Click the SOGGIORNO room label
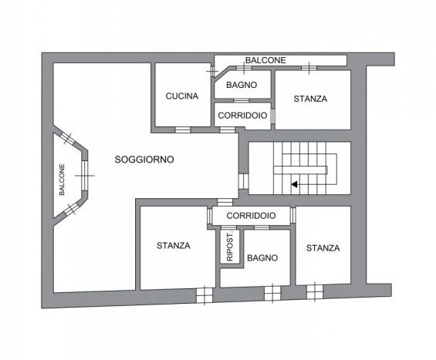click(x=144, y=160)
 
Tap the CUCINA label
click(x=182, y=96)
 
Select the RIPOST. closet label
click(x=230, y=246)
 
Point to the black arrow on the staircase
click(x=295, y=184)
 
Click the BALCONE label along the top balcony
click(x=265, y=60)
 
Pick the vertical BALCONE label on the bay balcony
click(x=62, y=180)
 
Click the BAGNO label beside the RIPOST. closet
click(x=262, y=258)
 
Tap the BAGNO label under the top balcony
click(x=242, y=85)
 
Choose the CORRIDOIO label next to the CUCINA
click(x=242, y=116)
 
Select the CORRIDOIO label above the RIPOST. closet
click(x=251, y=216)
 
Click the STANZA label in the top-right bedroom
click(x=310, y=99)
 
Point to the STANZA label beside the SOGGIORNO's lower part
click(x=174, y=246)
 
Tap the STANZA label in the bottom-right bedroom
click(x=323, y=248)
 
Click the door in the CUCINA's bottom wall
click(x=183, y=130)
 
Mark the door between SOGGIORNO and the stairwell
click(x=243, y=181)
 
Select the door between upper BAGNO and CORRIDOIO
click(x=241, y=100)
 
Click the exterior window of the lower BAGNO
click(x=272, y=294)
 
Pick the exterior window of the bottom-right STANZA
click(x=315, y=291)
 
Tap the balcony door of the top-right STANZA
click(x=309, y=68)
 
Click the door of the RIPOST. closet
click(x=228, y=227)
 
